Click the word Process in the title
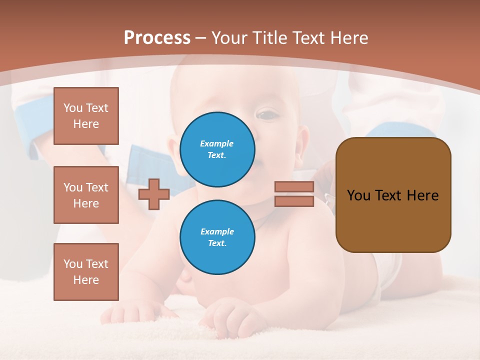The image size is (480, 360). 157,37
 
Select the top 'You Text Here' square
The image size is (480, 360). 86,116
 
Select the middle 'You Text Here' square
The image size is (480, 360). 86,195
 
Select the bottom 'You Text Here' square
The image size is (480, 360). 86,272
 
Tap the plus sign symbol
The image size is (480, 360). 154,194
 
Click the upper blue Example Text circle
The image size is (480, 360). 217,149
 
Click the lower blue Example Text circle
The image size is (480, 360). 217,237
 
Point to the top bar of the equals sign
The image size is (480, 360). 294,187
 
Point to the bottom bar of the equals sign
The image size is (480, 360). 294,201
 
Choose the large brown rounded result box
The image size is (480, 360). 393,195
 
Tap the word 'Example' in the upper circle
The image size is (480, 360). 217,143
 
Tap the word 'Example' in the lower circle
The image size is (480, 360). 217,231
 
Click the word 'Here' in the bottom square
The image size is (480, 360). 86,280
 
